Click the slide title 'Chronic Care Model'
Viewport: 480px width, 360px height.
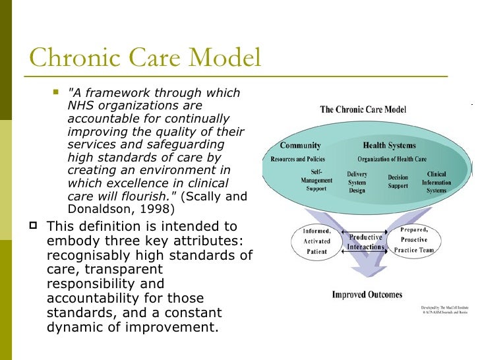(x=145, y=59)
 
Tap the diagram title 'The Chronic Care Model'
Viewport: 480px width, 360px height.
(x=363, y=109)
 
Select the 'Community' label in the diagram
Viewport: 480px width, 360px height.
(x=300, y=145)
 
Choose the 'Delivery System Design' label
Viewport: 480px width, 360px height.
(x=357, y=182)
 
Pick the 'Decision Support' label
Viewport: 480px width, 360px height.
(x=398, y=182)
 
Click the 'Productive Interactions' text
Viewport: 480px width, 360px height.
(x=366, y=242)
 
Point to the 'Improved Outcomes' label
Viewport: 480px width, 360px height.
(x=367, y=295)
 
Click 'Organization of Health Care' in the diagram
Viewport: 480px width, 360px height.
(x=392, y=159)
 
